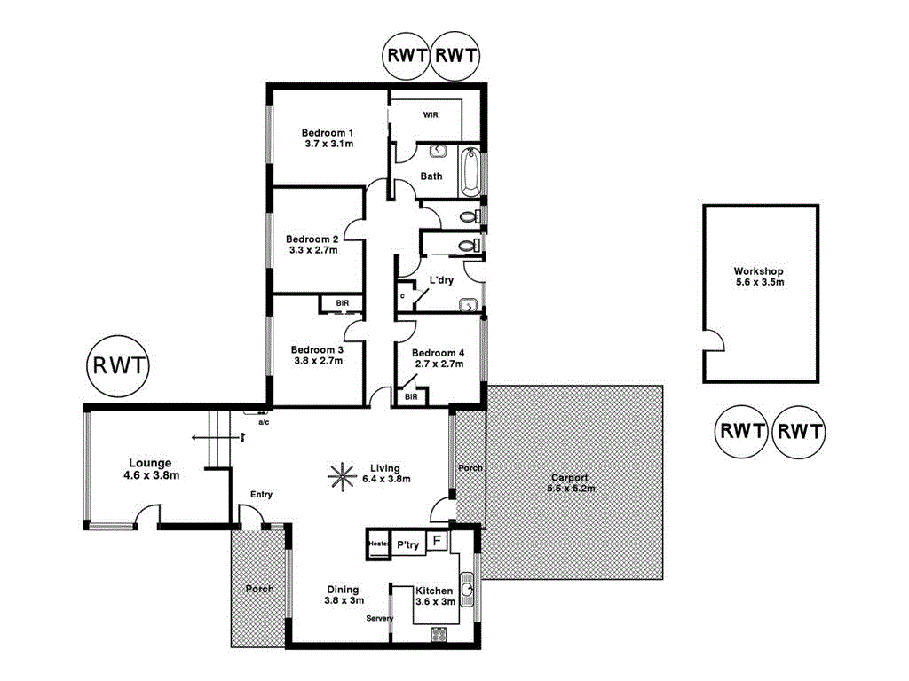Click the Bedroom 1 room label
(x=325, y=133)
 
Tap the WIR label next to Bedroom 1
(x=431, y=114)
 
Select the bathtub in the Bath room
(x=470, y=172)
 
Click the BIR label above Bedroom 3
(x=342, y=303)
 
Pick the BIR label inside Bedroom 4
(x=410, y=396)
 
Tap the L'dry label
(x=441, y=280)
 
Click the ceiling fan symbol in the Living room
(x=340, y=475)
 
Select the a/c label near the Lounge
(x=264, y=422)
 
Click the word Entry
(x=262, y=495)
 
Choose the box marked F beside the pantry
(x=437, y=540)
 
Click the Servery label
(x=379, y=618)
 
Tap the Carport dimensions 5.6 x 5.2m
(x=570, y=488)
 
